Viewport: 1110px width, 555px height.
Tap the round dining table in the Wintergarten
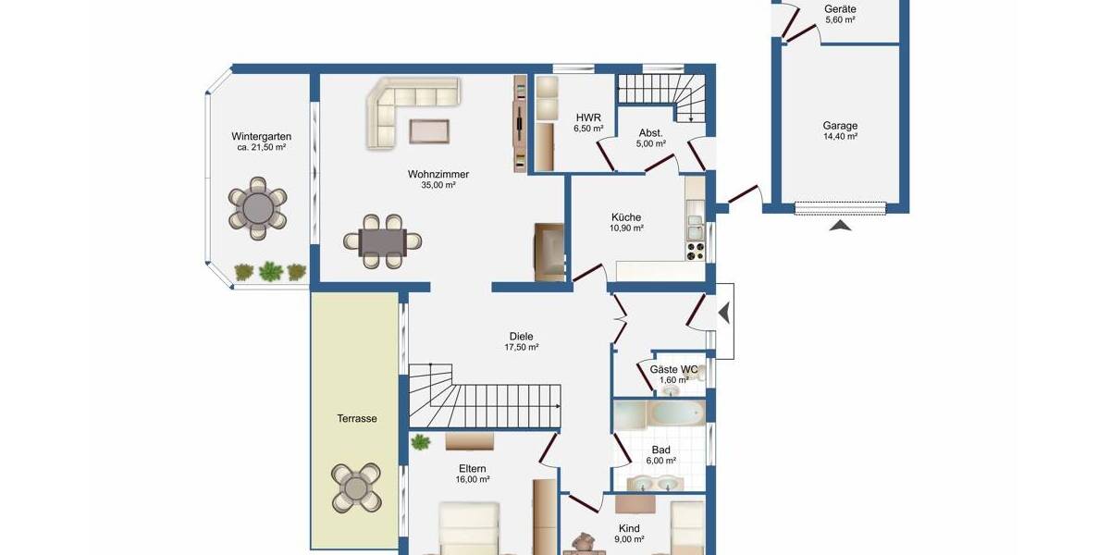tap(259, 208)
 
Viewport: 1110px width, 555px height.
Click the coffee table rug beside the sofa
tap(429, 130)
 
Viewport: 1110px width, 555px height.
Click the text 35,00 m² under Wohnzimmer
tap(438, 185)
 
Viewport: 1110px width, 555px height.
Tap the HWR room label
tap(588, 117)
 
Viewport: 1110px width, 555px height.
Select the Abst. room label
tap(650, 132)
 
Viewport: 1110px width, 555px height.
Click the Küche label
tap(626, 217)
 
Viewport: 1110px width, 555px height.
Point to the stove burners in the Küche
tap(694, 248)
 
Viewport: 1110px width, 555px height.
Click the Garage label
tap(840, 126)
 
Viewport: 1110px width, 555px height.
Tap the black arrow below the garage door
tap(840, 225)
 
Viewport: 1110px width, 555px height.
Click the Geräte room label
tap(840, 9)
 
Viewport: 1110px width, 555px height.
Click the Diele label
tap(522, 337)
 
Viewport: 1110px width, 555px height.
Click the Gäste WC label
tap(673, 369)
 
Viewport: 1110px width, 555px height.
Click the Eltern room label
tap(472, 469)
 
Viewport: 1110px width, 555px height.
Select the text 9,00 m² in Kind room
tap(630, 539)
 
